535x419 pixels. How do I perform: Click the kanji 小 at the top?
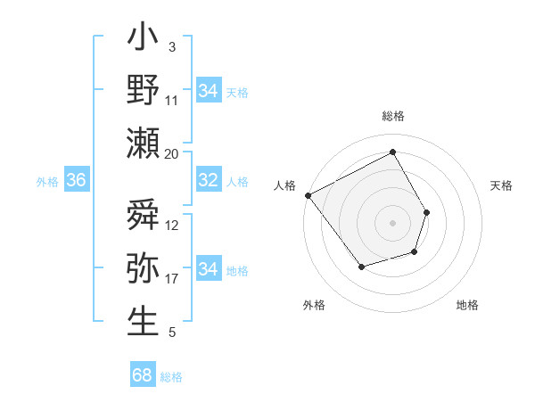pos(144,40)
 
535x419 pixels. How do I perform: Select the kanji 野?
pos(144,91)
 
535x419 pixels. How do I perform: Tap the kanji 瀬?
pos(144,143)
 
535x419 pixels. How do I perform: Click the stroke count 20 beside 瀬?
pos(172,153)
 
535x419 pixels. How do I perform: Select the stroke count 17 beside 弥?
pos(172,279)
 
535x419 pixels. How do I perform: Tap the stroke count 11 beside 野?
pos(172,100)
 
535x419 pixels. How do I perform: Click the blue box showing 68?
pos(143,375)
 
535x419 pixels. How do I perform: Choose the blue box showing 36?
pos(77,180)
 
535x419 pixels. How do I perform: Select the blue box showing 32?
pos(208,180)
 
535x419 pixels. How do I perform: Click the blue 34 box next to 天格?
pos(208,91)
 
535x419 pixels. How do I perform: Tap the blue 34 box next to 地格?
pos(208,269)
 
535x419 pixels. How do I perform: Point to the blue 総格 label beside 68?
pos(171,377)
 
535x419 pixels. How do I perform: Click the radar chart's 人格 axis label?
pos(285,185)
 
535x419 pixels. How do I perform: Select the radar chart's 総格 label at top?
pos(392,116)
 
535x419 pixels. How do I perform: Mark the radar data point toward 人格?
pos(309,195)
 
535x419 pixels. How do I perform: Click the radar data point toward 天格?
pos(427,212)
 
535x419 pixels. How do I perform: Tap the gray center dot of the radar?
pos(392,223)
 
